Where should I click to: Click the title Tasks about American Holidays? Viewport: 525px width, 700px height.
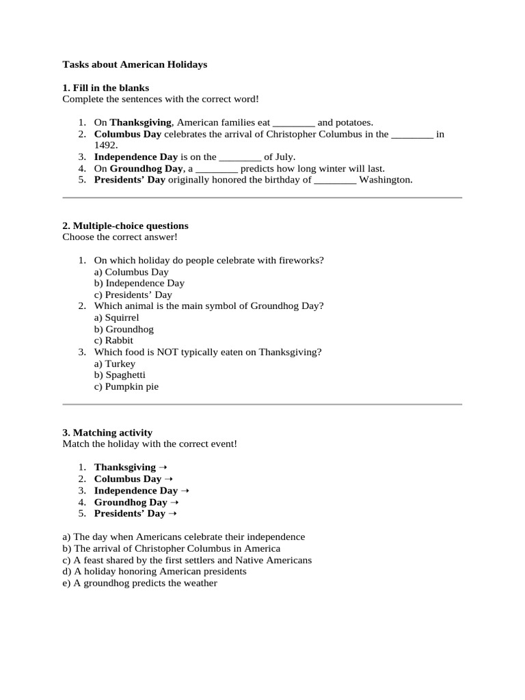[135, 65]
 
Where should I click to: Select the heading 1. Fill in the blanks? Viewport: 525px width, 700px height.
[105, 88]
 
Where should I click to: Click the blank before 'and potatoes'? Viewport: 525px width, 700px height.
[293, 123]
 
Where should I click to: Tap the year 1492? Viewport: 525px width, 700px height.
[106, 146]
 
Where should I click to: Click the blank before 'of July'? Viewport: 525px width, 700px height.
[240, 157]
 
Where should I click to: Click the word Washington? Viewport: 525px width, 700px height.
[386, 180]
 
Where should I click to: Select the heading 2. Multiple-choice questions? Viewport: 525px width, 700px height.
[125, 226]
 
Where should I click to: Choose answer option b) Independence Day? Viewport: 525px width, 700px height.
[139, 283]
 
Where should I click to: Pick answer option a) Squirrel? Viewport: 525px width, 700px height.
[117, 318]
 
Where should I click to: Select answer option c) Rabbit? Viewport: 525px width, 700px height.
[114, 340]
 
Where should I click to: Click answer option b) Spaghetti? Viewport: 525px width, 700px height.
[120, 375]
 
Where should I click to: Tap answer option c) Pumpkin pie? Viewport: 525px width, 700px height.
[126, 387]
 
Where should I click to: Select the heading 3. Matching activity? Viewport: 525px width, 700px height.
[107, 433]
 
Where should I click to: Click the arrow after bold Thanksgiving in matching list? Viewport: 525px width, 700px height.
[163, 468]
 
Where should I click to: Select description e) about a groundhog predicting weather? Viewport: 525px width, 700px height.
[139, 583]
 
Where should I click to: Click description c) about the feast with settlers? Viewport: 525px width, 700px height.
[187, 560]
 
